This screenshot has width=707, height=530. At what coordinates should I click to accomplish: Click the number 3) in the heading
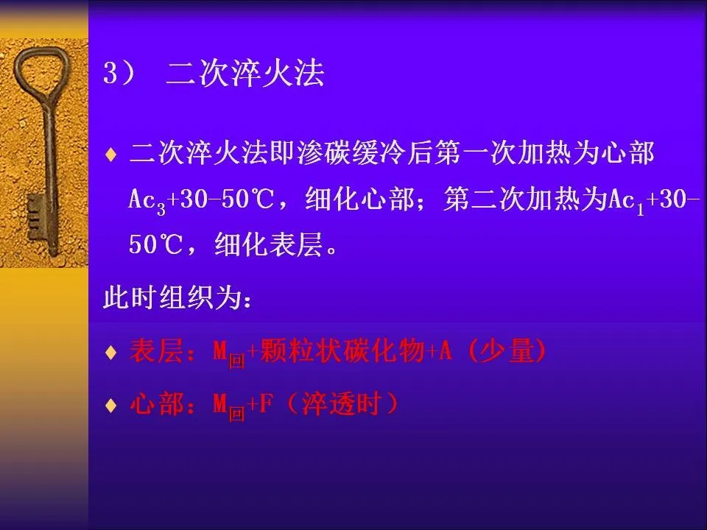tap(119, 73)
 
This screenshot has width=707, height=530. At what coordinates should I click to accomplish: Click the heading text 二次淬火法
tap(245, 73)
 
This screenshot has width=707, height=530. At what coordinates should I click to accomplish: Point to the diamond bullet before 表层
tap(110, 352)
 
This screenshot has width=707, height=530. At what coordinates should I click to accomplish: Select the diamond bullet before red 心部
tap(110, 405)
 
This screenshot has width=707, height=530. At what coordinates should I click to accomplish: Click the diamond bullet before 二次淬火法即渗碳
tap(110, 155)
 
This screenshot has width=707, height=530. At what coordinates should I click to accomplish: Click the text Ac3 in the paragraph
tap(147, 200)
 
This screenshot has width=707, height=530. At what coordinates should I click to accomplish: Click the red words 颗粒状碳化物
tap(342, 350)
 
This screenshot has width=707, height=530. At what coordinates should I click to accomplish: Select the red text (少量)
tap(507, 350)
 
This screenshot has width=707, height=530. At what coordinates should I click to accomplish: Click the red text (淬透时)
tap(342, 404)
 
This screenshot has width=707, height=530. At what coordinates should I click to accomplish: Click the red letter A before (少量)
tap(445, 350)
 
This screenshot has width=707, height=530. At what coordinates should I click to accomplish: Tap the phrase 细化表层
tap(269, 245)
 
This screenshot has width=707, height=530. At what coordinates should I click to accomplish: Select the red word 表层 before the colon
tap(156, 350)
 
